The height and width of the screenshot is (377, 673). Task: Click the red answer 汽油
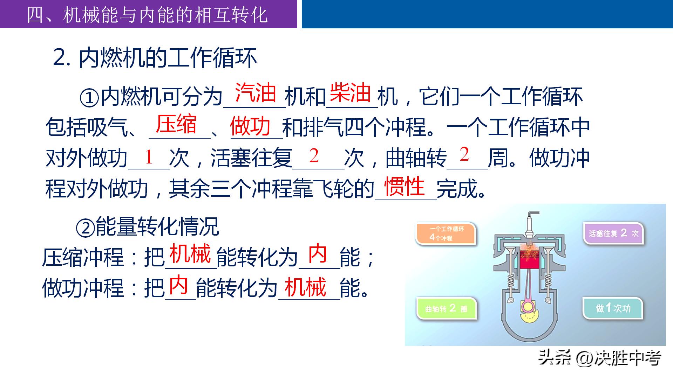(x=256, y=93)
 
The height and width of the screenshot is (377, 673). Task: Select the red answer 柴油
(x=350, y=93)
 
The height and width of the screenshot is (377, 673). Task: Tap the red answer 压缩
(x=176, y=124)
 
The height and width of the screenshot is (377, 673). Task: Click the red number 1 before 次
(x=149, y=157)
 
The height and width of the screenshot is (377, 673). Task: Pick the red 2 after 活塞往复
(x=314, y=156)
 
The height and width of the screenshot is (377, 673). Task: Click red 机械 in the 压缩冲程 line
(x=190, y=253)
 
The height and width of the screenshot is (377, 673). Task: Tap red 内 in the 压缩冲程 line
(x=318, y=253)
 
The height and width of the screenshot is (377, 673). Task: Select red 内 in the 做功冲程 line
(x=178, y=286)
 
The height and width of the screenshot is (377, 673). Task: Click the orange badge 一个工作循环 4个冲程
(x=446, y=233)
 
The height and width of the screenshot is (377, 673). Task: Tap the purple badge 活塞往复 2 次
(x=613, y=233)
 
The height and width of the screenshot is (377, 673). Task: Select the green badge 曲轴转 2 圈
(x=447, y=308)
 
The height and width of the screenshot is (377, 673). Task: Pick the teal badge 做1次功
(x=613, y=308)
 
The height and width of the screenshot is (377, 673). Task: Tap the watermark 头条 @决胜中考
(x=599, y=358)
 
